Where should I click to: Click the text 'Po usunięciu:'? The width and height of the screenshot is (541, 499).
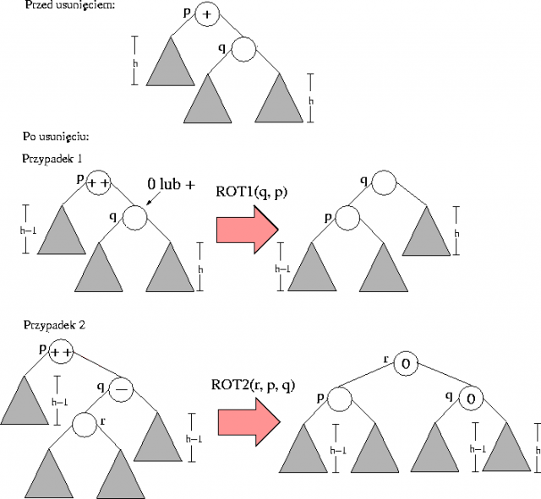tap(58, 136)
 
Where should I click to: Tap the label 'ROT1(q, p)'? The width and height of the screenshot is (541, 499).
tap(252, 193)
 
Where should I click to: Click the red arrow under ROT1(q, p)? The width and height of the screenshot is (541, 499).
tap(248, 229)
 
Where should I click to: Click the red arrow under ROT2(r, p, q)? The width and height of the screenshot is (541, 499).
tap(248, 421)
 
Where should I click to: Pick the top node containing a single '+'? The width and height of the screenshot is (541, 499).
tap(206, 14)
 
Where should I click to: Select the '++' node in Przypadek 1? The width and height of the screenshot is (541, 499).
tap(98, 182)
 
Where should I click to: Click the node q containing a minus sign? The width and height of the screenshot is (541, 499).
tap(122, 388)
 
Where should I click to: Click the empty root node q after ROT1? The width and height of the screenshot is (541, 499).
tap(383, 182)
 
